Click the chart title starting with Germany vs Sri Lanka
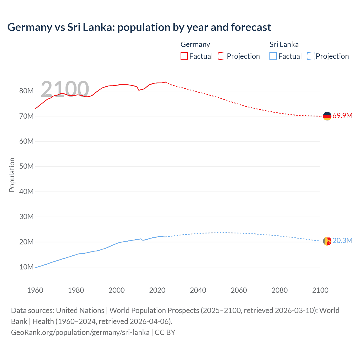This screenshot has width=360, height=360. [139, 27]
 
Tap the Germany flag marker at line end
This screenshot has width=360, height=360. [327, 116]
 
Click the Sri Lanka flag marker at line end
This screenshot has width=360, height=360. [327, 241]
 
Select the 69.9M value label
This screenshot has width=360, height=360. [342, 116]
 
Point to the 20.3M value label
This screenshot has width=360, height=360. [342, 241]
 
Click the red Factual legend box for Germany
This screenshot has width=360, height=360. [184, 56]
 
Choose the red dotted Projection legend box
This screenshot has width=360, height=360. [222, 56]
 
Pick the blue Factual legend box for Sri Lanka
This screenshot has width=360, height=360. [273, 56]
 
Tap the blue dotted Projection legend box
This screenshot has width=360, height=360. [310, 56]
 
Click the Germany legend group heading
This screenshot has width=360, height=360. [195, 44]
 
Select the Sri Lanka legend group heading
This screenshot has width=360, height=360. [284, 44]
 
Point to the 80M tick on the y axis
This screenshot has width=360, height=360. [26, 91]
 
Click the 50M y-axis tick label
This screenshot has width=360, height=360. [26, 166]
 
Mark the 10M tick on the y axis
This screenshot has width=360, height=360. [26, 267]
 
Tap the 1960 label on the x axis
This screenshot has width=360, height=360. [35, 290]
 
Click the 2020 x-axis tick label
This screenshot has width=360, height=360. [157, 290]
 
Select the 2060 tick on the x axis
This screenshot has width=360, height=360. [239, 290]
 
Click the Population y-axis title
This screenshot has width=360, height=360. [12, 175]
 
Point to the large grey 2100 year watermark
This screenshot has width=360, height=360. [65, 89]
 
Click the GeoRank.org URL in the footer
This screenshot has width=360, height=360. [80, 332]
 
